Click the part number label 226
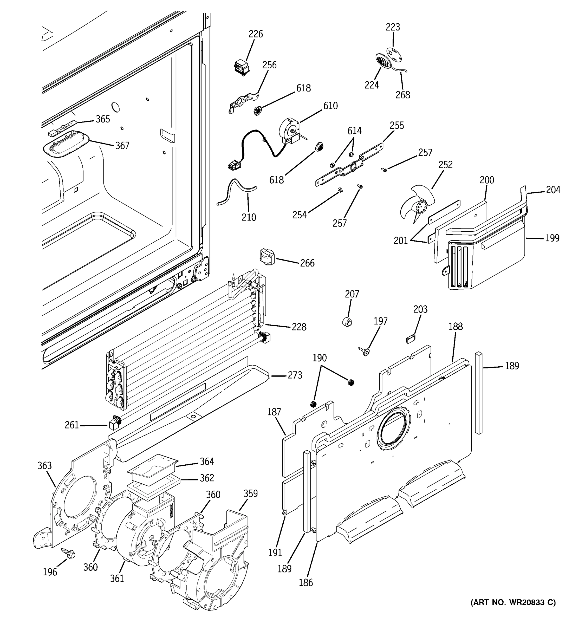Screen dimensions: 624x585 click(x=256, y=34)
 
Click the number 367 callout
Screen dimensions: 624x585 click(x=122, y=145)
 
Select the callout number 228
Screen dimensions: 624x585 click(x=299, y=327)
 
